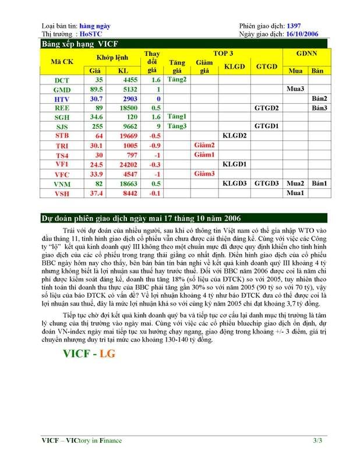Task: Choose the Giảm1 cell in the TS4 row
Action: click(204, 154)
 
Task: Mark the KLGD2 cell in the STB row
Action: click(235, 136)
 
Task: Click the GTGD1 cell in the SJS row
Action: click(267, 126)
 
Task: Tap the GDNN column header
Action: click(307, 54)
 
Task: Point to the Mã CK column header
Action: click(62, 62)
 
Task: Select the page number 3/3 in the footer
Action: click(317, 441)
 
